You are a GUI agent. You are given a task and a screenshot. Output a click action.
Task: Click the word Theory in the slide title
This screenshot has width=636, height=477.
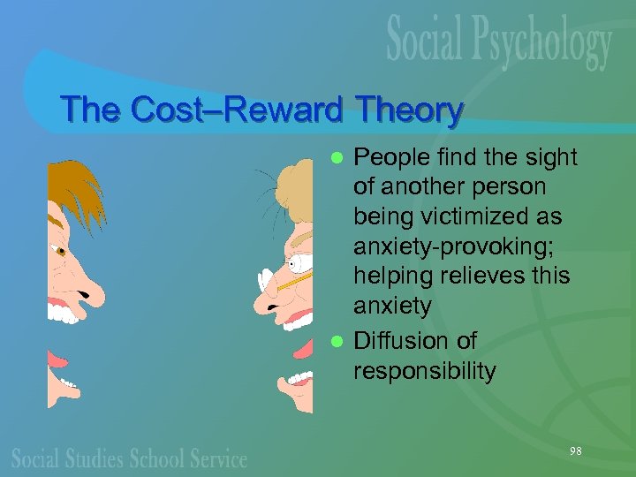click(x=407, y=110)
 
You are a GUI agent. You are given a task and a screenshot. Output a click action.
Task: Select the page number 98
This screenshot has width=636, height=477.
click(x=576, y=450)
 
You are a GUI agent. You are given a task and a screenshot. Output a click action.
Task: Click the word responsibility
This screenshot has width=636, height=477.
click(x=425, y=371)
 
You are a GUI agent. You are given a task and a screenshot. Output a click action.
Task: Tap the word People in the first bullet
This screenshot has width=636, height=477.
click(x=393, y=157)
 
